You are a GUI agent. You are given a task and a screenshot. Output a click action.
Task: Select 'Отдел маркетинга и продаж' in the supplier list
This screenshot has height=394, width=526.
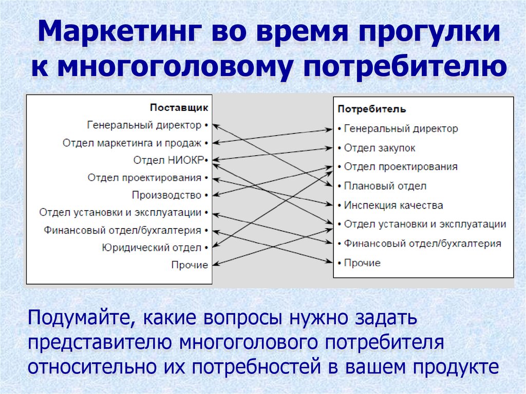(133, 142)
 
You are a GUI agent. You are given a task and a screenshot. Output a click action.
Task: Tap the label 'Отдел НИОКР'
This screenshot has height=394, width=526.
(168, 160)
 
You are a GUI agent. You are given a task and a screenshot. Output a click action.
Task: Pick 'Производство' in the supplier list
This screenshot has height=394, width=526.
(166, 195)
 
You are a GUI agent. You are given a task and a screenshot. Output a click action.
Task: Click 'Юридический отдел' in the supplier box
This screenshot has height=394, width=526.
(152, 248)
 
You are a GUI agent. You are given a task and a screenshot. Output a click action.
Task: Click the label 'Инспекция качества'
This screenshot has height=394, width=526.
(393, 205)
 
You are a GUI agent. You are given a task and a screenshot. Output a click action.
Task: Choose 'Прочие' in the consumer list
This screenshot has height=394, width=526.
(362, 263)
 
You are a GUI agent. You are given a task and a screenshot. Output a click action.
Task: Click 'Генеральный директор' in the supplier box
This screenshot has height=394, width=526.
(144, 125)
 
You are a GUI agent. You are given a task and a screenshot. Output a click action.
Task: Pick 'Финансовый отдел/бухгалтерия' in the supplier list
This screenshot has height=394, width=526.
(123, 230)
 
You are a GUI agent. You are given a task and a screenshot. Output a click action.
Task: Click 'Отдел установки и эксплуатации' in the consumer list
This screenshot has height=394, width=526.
(425, 224)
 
